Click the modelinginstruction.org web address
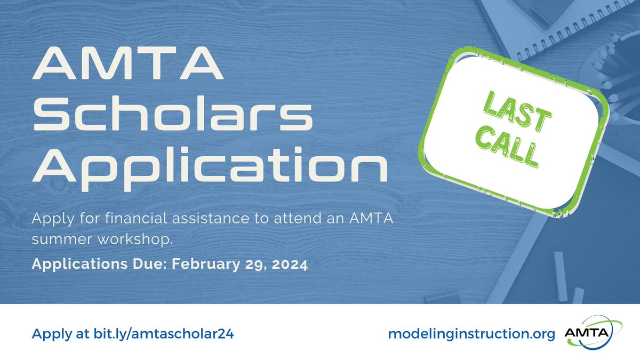click(472, 334)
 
